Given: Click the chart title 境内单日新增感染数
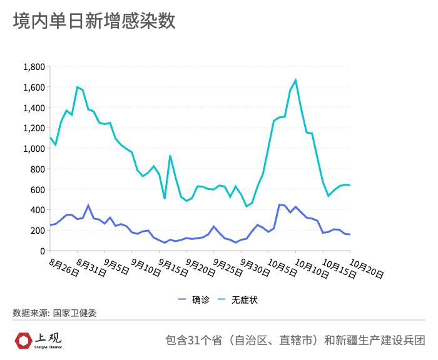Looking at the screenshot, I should (94, 21).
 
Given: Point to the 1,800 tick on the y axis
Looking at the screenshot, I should (34, 67).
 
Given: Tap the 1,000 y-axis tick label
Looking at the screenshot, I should (34, 149).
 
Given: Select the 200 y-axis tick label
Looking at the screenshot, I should (38, 231).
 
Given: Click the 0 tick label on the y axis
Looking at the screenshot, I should (42, 251).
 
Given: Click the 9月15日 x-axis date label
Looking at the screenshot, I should (173, 268).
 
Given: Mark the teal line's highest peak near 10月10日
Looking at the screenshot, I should (295, 80).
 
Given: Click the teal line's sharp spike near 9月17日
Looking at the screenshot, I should (170, 156).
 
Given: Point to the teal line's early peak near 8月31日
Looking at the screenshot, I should (77, 87).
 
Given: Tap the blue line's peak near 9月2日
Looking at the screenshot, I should (88, 205).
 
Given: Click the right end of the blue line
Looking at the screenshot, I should (350, 234).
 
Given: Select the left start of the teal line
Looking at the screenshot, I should (50, 137).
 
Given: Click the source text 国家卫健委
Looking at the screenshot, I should (74, 313).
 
